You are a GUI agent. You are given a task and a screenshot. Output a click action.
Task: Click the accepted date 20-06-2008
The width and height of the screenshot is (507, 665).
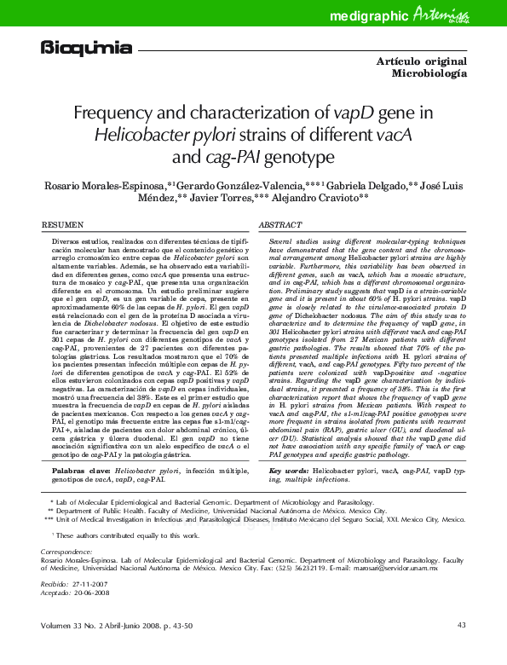click(x=95, y=593)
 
